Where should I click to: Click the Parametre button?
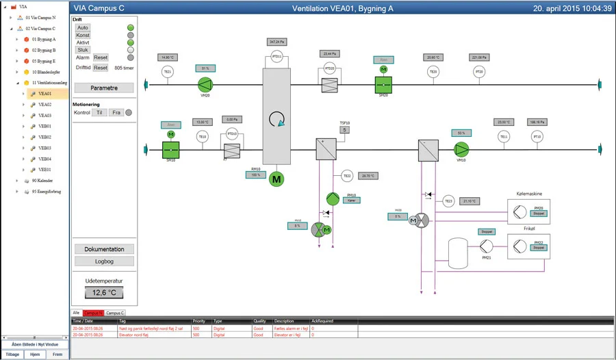pyautogui.click(x=104, y=88)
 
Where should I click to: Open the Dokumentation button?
pyautogui.click(x=104, y=249)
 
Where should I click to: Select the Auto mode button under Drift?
pyautogui.click(x=83, y=27)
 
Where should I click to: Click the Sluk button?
pyautogui.click(x=83, y=50)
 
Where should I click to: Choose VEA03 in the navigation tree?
pyautogui.click(x=45, y=115)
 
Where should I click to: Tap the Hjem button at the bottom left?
pyautogui.click(x=35, y=355)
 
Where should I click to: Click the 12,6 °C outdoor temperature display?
pyautogui.click(x=104, y=293)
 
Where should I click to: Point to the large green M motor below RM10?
pyautogui.click(x=277, y=179)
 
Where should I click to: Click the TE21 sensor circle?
pyautogui.click(x=167, y=71)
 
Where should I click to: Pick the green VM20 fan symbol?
pyautogui.click(x=205, y=84)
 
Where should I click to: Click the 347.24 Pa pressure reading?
pyautogui.click(x=277, y=42)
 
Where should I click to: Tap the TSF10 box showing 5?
pyautogui.click(x=344, y=130)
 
